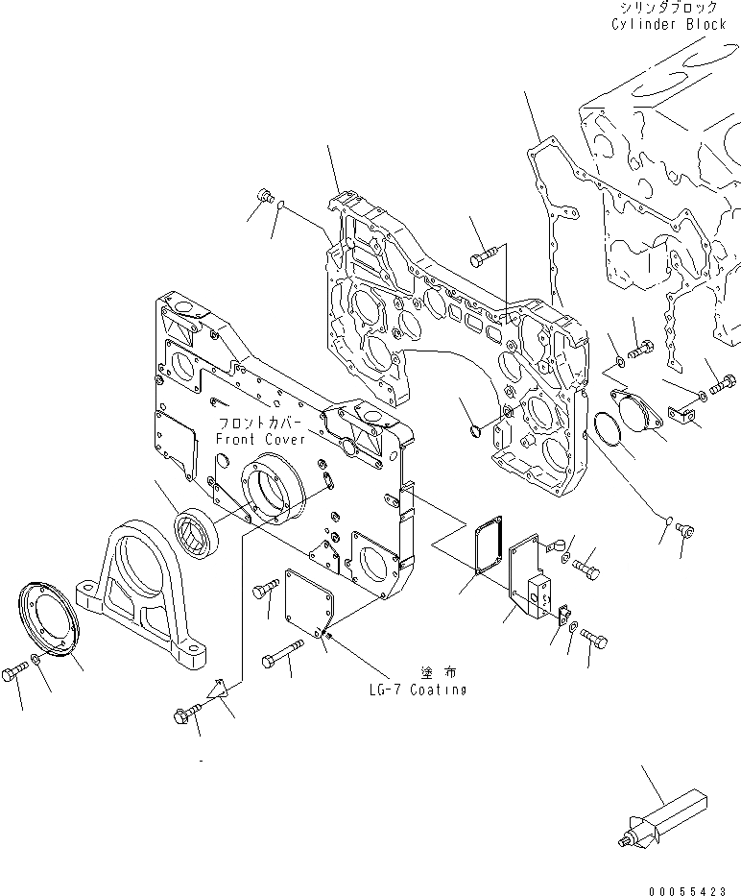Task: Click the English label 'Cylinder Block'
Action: click(668, 24)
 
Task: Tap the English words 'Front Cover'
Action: click(259, 439)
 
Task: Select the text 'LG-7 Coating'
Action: click(418, 690)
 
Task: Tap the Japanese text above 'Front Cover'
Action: click(259, 424)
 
